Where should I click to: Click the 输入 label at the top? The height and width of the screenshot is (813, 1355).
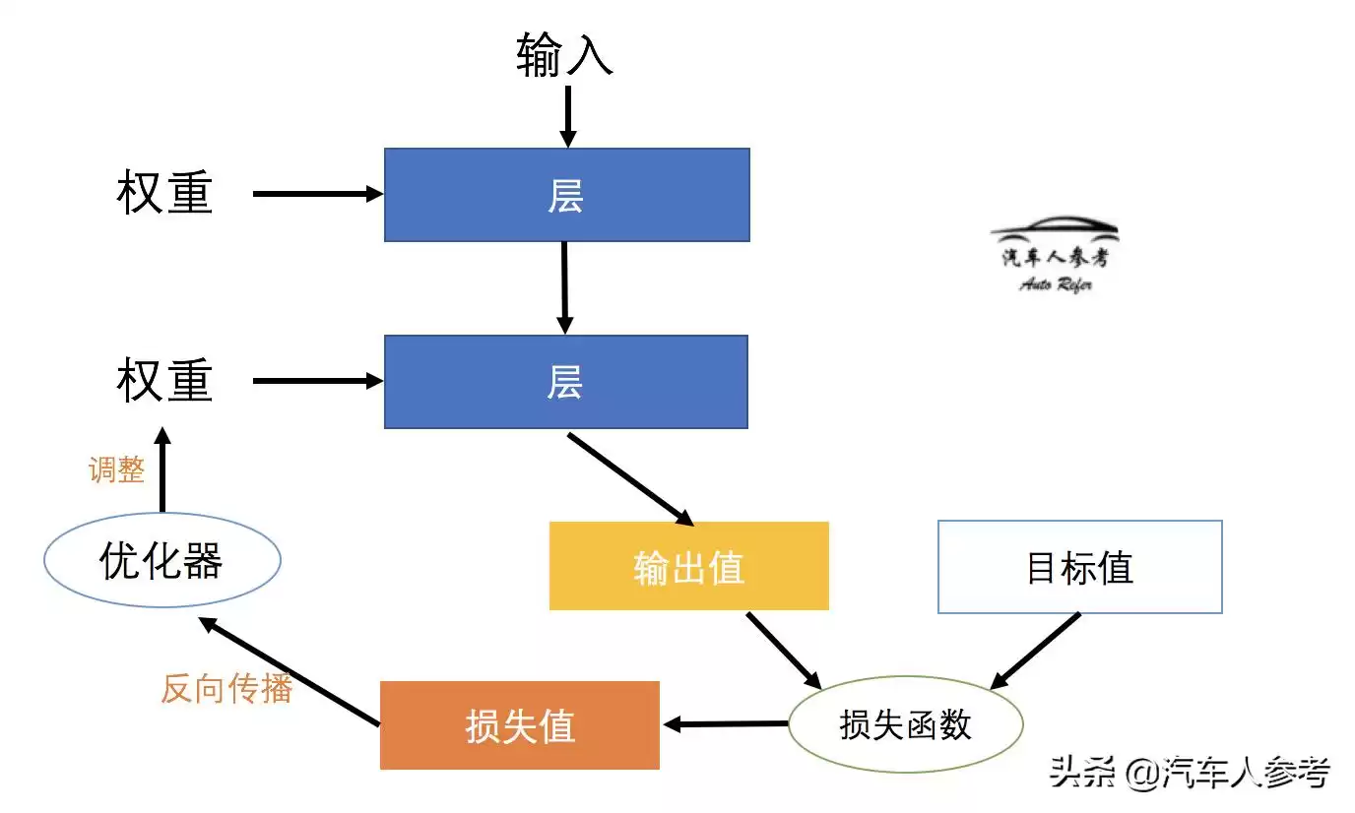click(564, 55)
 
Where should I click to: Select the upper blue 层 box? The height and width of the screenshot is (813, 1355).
click(566, 195)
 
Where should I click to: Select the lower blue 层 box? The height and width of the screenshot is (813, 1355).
click(565, 382)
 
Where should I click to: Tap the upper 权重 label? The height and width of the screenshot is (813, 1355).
click(164, 193)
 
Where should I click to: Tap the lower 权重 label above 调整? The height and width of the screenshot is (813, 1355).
click(164, 381)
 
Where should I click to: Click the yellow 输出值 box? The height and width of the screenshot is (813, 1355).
click(688, 566)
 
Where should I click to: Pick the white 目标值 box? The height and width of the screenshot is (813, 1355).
click(1079, 567)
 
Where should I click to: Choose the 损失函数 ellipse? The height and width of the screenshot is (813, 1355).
click(905, 724)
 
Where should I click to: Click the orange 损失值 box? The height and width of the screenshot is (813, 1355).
click(519, 725)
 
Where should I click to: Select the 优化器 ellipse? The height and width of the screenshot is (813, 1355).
click(162, 560)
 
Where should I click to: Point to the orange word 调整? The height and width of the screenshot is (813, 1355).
click(116, 469)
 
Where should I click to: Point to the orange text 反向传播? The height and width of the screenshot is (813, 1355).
click(226, 688)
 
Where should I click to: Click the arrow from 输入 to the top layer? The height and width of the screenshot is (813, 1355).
click(567, 116)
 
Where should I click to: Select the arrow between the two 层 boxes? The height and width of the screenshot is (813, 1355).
click(564, 287)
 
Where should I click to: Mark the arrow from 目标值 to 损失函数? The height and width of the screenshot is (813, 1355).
click(1035, 651)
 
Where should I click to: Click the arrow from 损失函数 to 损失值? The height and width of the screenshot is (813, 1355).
click(726, 724)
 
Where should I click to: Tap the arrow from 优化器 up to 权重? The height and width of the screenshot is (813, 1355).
click(162, 469)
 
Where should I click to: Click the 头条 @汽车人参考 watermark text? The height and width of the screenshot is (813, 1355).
click(1189, 773)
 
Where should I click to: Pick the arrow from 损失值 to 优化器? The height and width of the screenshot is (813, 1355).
click(290, 672)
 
